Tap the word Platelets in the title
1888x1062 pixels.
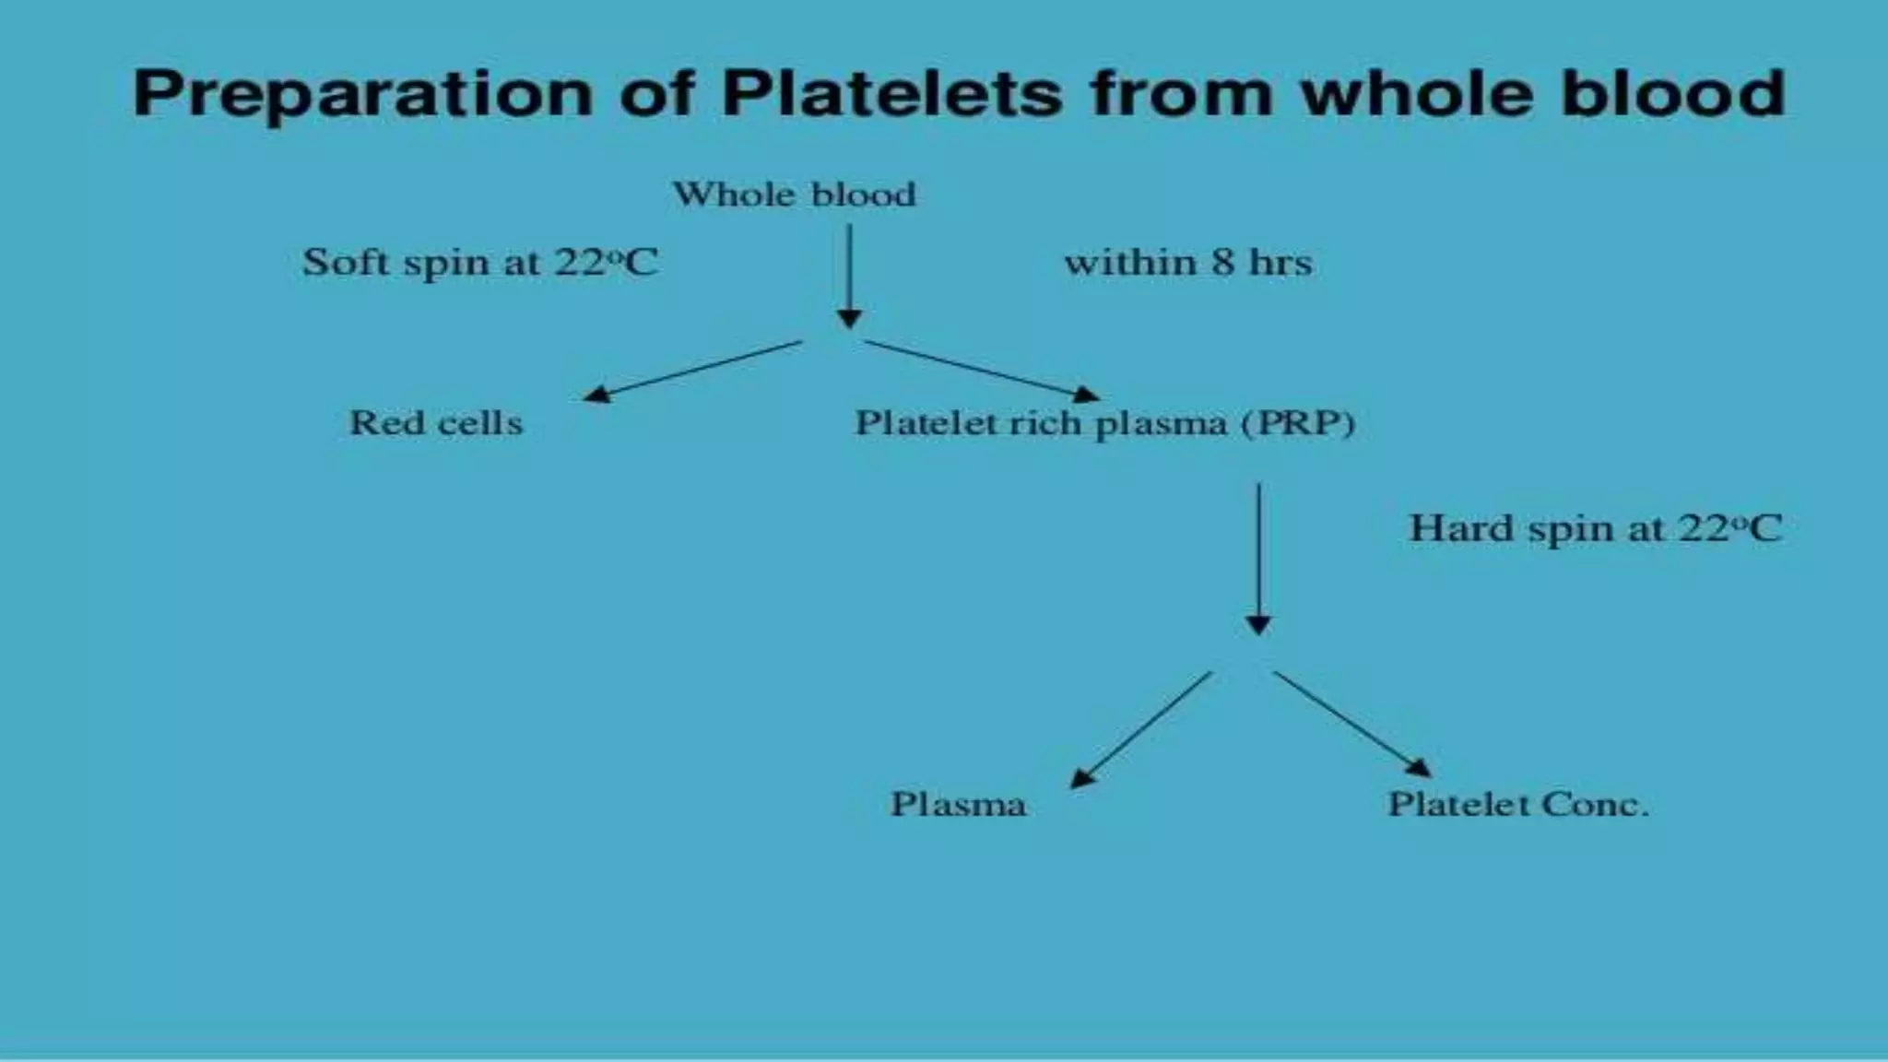pos(891,94)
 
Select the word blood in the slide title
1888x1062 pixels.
pos(1673,94)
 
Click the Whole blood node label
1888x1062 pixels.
pos(795,195)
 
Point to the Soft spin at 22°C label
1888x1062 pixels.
pos(480,262)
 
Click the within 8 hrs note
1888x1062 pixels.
pos(1188,263)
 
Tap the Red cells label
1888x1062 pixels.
pos(436,423)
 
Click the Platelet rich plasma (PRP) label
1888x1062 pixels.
pos(1105,423)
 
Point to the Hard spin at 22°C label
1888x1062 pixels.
pos(1596,528)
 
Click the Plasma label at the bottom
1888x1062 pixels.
pos(958,804)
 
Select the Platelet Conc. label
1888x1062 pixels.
pos(1518,804)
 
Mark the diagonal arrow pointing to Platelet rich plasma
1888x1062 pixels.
pos(983,371)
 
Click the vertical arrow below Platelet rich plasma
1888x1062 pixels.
pos(1258,558)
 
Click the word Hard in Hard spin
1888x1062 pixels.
pos(1461,528)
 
